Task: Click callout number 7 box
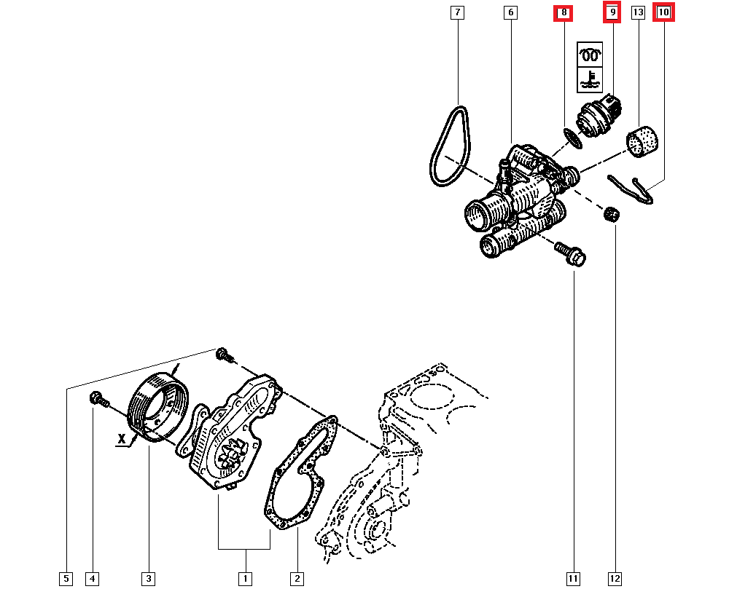[x=456, y=12]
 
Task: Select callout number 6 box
[x=510, y=12]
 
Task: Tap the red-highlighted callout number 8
[x=564, y=12]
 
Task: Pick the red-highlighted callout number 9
[x=612, y=12]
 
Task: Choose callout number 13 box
[x=639, y=12]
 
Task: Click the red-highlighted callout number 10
[x=663, y=12]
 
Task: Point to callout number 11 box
[x=573, y=579]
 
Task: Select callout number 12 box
[x=615, y=579]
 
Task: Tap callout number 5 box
[x=66, y=579]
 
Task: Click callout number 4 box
[x=91, y=579]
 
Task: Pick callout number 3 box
[x=148, y=579]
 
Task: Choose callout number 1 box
[x=245, y=579]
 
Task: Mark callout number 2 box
[x=297, y=579]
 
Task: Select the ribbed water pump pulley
[x=157, y=408]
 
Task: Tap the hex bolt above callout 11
[x=571, y=253]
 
